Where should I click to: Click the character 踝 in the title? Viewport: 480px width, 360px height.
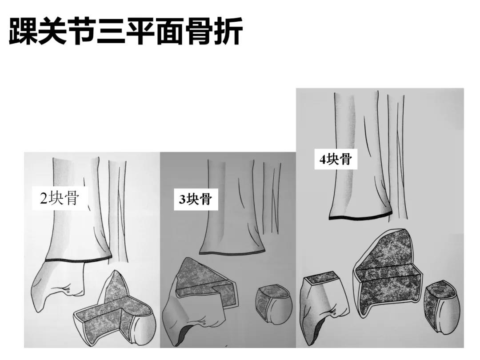23,31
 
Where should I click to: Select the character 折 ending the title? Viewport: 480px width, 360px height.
228,31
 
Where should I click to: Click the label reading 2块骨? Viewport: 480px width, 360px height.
60,198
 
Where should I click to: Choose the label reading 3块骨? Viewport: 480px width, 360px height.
195,200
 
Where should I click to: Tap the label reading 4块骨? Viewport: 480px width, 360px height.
336,159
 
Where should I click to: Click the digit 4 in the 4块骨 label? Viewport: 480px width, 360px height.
323,159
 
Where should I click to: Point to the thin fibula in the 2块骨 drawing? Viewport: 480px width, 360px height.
120,211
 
